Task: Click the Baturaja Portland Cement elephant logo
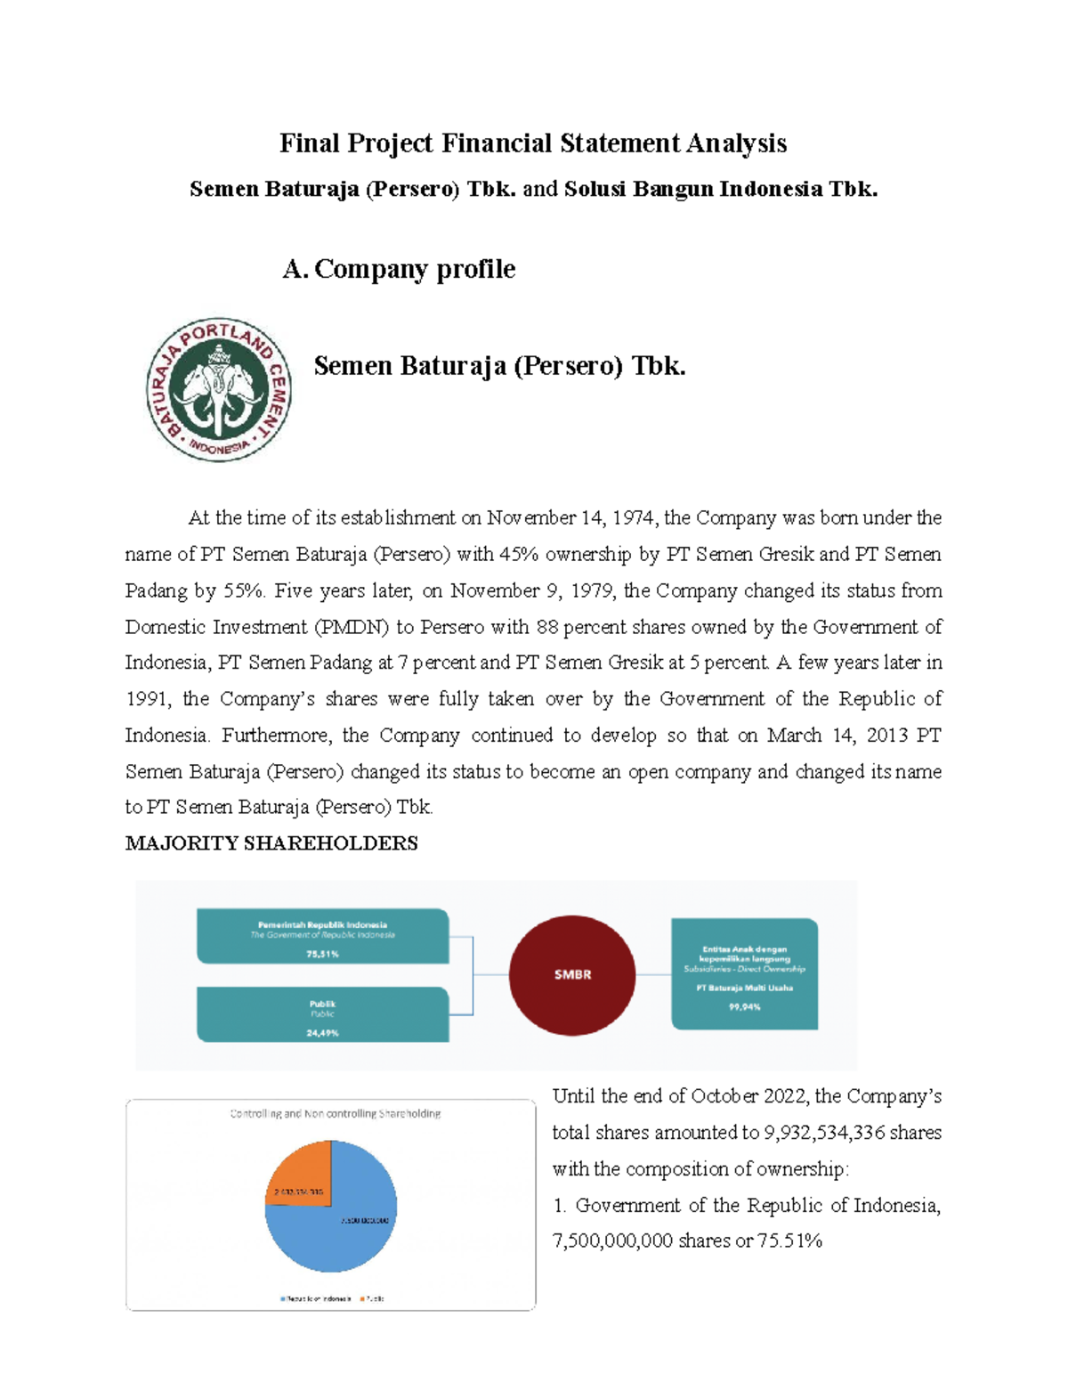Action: tap(219, 389)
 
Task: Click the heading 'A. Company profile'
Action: tap(399, 269)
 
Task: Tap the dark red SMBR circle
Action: tap(572, 974)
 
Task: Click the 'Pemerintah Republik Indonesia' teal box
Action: tap(322, 937)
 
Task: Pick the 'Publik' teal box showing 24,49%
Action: tap(322, 1015)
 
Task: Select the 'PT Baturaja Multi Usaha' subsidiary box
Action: tap(744, 974)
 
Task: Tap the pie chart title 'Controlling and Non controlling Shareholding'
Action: tap(335, 1113)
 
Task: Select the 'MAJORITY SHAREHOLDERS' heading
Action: tap(271, 843)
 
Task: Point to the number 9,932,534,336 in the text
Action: tap(824, 1133)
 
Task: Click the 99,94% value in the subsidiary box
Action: tap(744, 1007)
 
